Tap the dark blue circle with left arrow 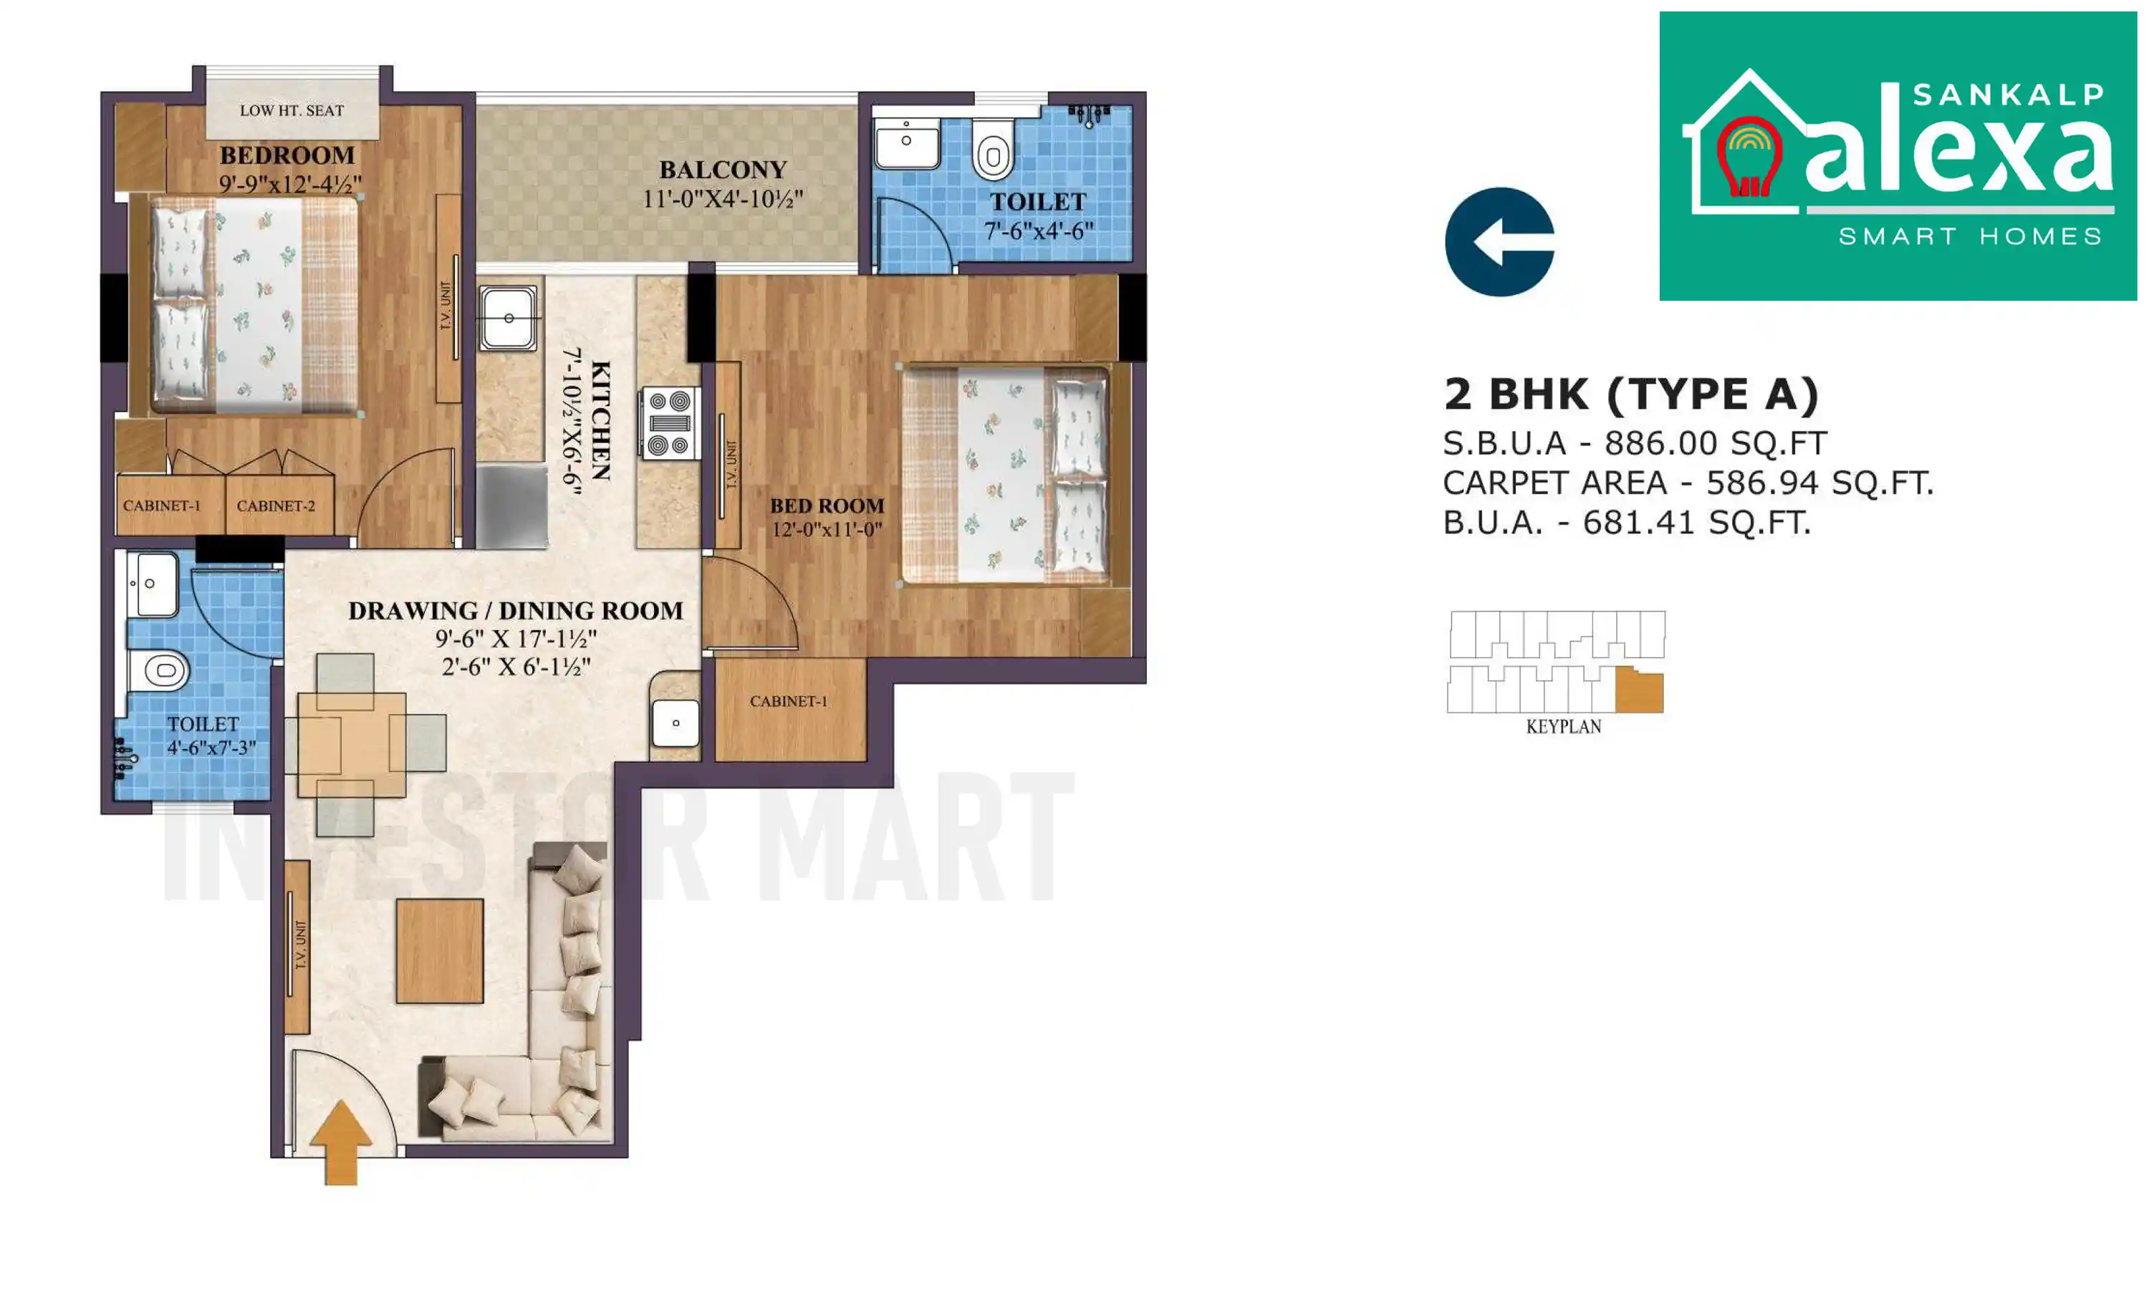click(x=1499, y=241)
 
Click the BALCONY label click(x=722, y=170)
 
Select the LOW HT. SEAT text click(x=292, y=110)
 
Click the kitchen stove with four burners click(x=669, y=423)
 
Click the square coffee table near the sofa click(x=440, y=950)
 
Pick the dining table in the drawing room click(x=351, y=743)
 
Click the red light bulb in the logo click(x=1749, y=158)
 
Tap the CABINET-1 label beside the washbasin click(x=788, y=701)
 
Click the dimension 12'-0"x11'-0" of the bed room click(x=826, y=529)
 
